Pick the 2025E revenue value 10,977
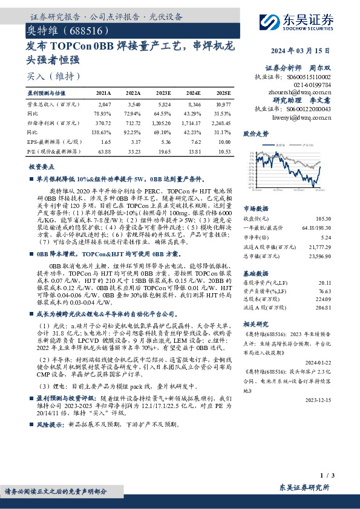coord(223,105)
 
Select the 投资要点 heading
coord(41,166)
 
